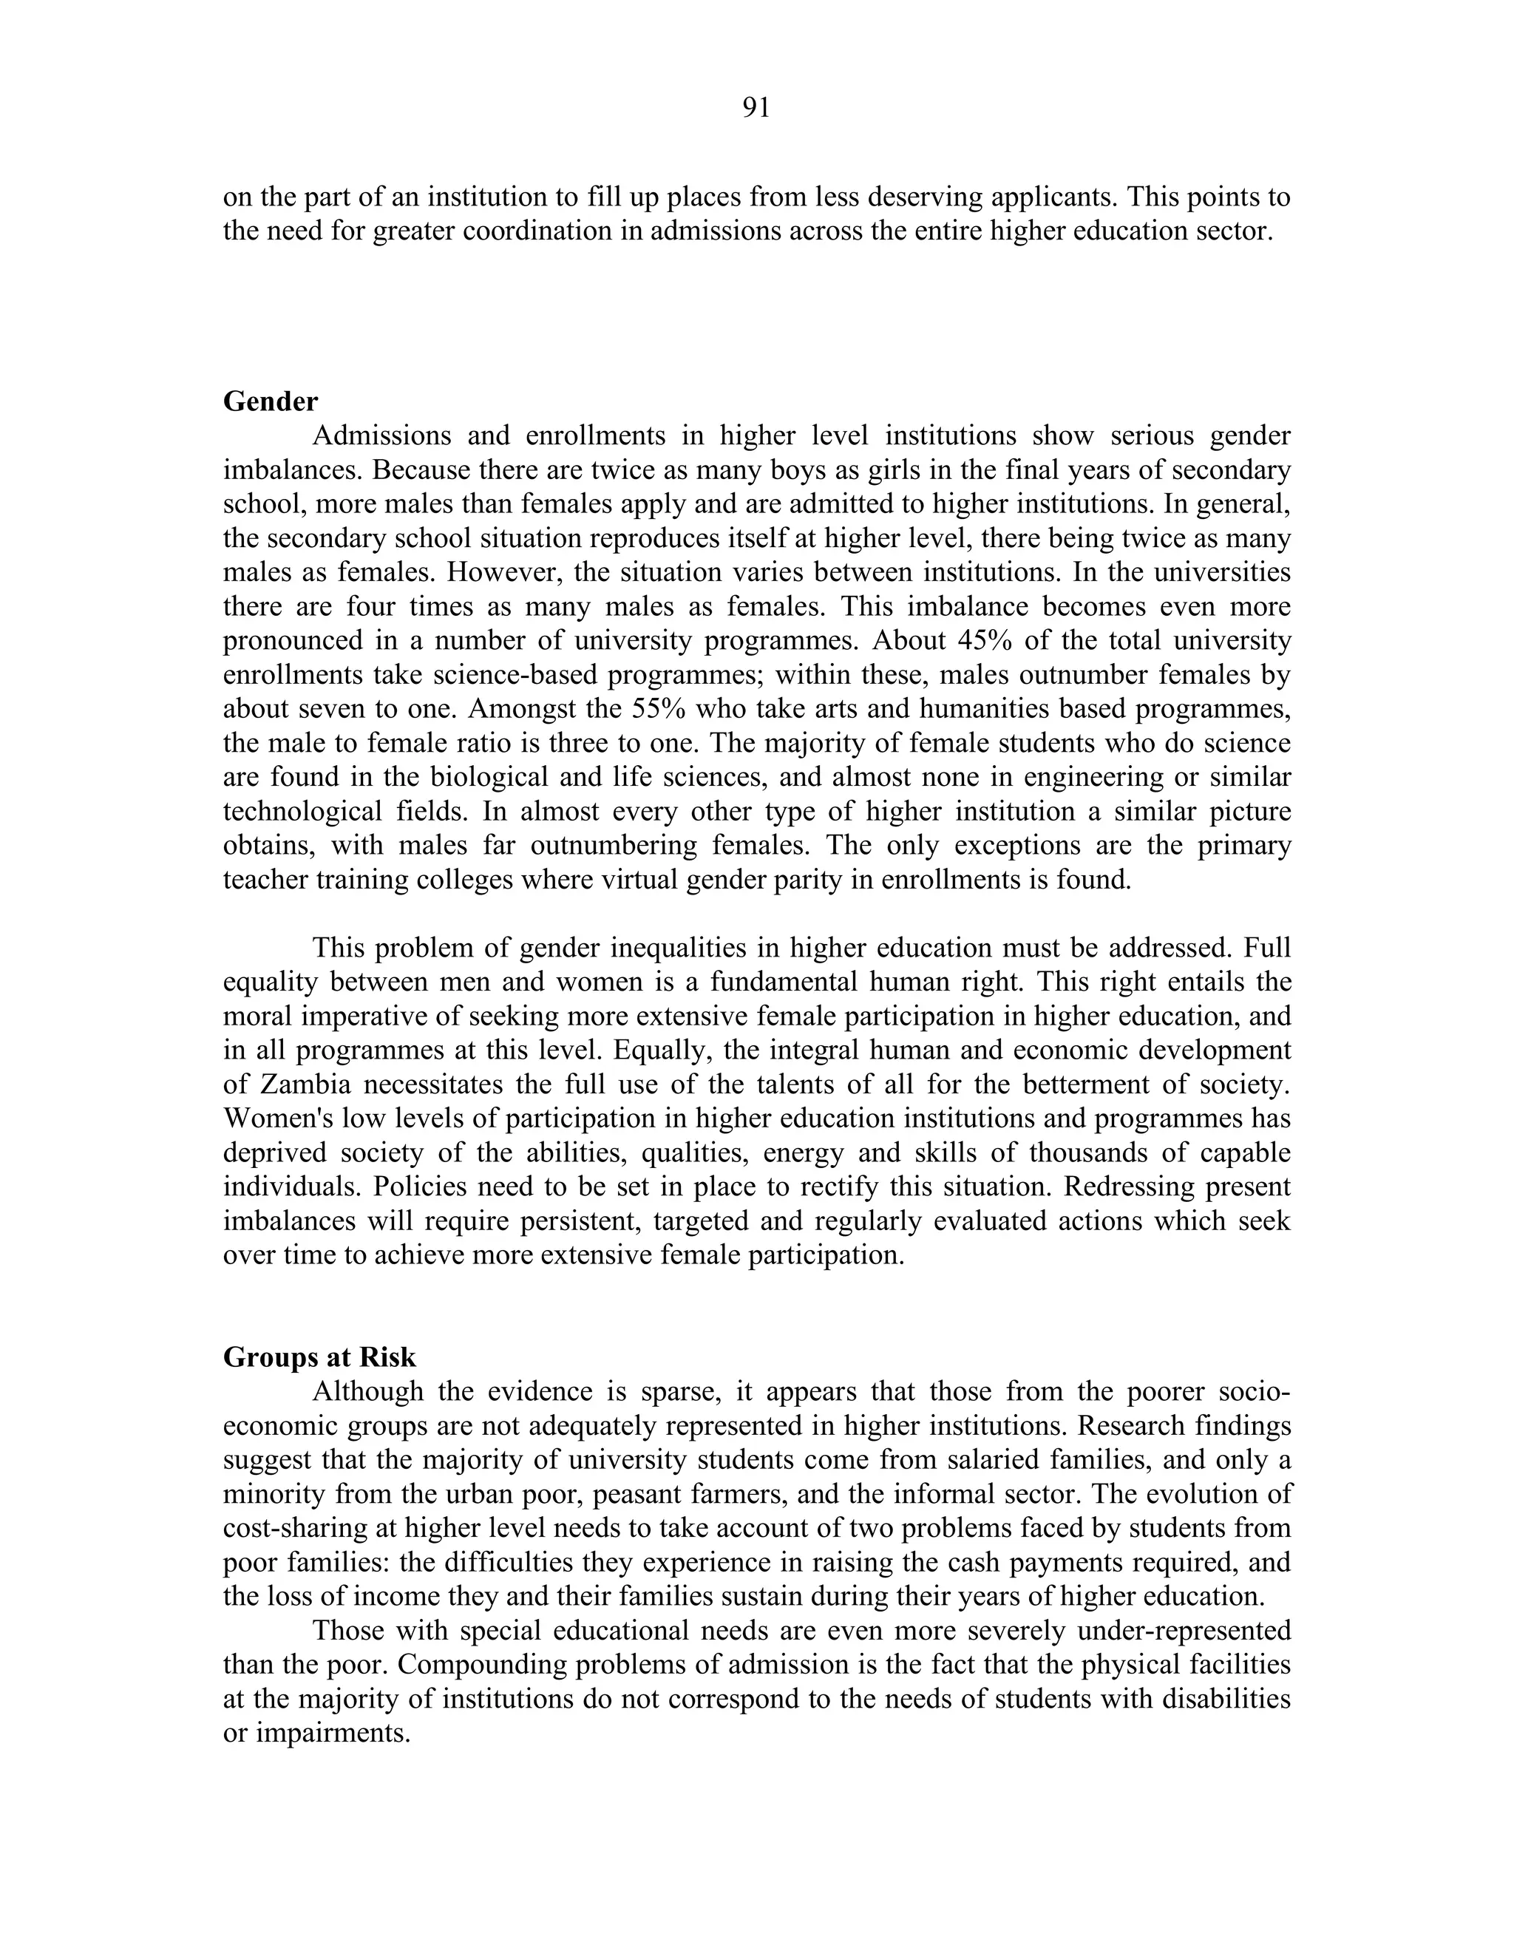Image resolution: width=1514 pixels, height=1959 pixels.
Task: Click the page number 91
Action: (756, 109)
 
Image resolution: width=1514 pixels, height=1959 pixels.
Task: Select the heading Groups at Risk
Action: (319, 1357)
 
